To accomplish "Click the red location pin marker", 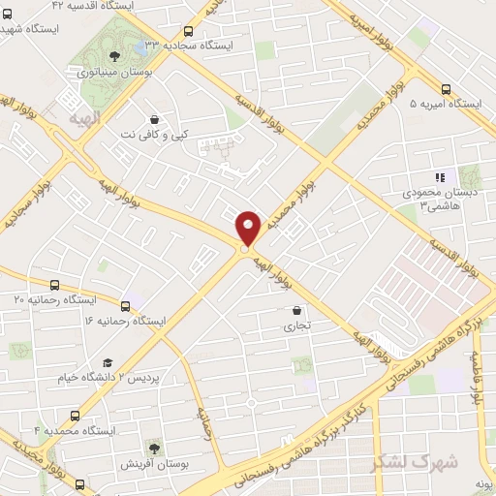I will click(x=248, y=227).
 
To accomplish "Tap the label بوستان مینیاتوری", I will click(x=113, y=71).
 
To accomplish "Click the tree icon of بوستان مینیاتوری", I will click(x=114, y=55).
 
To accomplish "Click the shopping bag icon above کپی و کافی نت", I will click(x=154, y=119).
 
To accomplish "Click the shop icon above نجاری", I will click(x=296, y=311).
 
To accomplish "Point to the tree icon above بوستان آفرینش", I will click(x=152, y=447).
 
